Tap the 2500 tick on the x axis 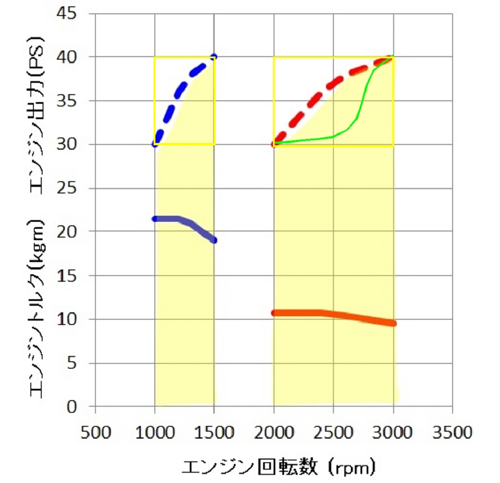click(x=333, y=433)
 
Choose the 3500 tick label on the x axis click(x=453, y=433)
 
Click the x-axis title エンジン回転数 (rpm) click(x=279, y=467)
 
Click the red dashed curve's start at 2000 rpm click(x=274, y=144)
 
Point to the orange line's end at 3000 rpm click(x=393, y=323)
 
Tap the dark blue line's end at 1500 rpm click(x=214, y=240)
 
